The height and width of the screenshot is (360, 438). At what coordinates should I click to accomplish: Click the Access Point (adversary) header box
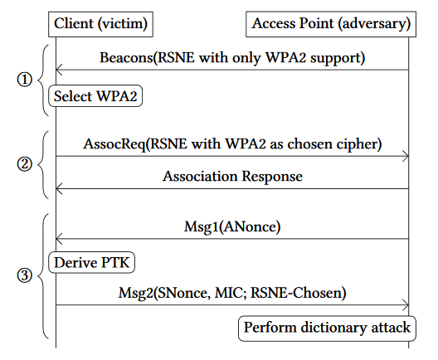329,24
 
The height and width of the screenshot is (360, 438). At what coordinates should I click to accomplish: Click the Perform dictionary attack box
326,328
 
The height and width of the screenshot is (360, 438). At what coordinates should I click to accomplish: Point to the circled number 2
24,163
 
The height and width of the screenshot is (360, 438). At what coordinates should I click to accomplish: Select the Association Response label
232,176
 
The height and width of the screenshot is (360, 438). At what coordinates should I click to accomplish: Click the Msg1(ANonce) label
232,225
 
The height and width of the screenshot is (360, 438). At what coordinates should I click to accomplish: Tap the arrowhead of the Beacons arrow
59,71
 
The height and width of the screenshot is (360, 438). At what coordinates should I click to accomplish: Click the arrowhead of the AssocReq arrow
406,155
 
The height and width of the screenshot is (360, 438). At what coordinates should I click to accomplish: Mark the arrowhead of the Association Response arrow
59,188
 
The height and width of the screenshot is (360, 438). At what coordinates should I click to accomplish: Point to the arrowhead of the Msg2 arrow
406,304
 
